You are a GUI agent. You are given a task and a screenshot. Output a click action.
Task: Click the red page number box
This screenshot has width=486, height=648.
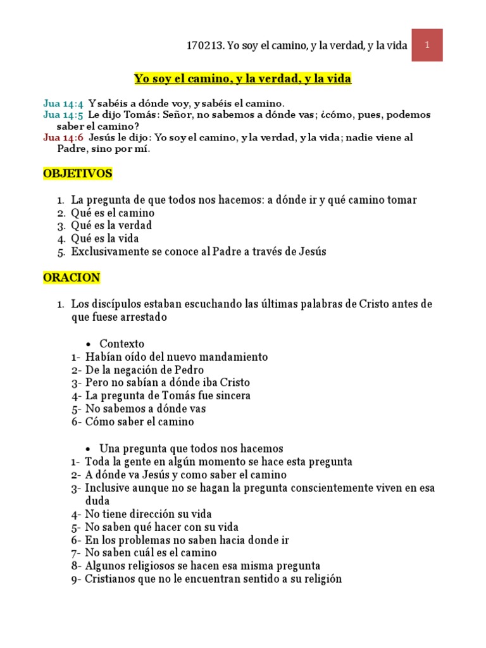tap(427, 45)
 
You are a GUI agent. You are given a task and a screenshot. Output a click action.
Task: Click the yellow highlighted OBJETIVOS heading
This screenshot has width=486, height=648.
tap(77, 173)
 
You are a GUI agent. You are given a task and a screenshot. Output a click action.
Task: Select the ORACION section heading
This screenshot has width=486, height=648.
tap(72, 277)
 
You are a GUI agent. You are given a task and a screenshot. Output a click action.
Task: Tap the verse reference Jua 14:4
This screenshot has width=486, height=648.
tap(63, 103)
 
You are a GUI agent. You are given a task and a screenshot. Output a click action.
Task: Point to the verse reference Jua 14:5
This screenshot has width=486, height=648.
tap(63, 115)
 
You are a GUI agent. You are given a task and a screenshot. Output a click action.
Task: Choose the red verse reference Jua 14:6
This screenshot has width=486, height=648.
tap(63, 137)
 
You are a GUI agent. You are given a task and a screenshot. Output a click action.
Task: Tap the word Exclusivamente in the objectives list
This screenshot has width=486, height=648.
tap(109, 251)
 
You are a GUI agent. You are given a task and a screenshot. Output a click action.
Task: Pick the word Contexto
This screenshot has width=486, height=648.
tap(122, 344)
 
